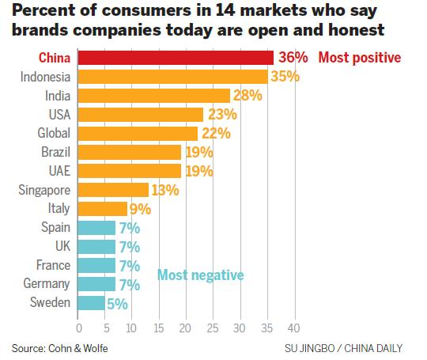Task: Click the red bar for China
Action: [x=176, y=58]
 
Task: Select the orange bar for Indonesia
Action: [x=172, y=77]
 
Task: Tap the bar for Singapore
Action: [x=113, y=189]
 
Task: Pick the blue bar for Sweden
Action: [x=92, y=302]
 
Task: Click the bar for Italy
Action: [x=102, y=208]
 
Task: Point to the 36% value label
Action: [x=292, y=58]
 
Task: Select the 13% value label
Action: [x=164, y=190]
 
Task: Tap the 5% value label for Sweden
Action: [x=117, y=303]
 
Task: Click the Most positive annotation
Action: [x=360, y=58]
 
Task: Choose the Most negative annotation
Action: [x=200, y=275]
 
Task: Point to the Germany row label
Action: [x=47, y=283]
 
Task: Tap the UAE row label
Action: [x=58, y=170]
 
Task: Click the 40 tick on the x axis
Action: [x=294, y=326]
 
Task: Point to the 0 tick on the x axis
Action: [x=79, y=326]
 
